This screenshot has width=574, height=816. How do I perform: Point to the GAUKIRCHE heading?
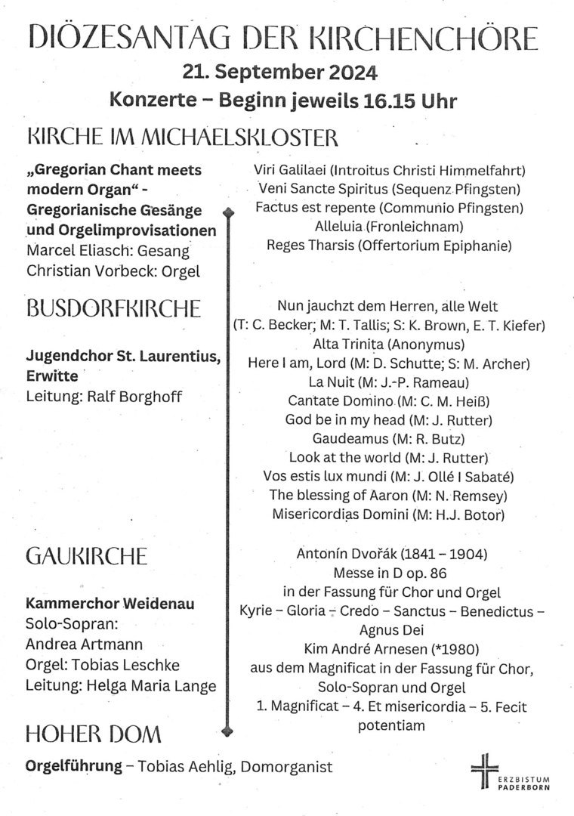coord(86,557)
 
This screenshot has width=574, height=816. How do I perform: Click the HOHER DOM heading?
coord(94,734)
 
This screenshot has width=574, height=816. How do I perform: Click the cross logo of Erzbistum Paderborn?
coord(485,770)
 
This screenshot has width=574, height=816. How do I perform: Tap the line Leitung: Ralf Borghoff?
coord(103,396)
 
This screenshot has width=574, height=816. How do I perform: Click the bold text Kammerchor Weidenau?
coord(110,604)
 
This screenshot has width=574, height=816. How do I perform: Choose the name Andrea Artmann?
coord(84,644)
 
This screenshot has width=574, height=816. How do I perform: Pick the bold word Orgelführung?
coord(74,766)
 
